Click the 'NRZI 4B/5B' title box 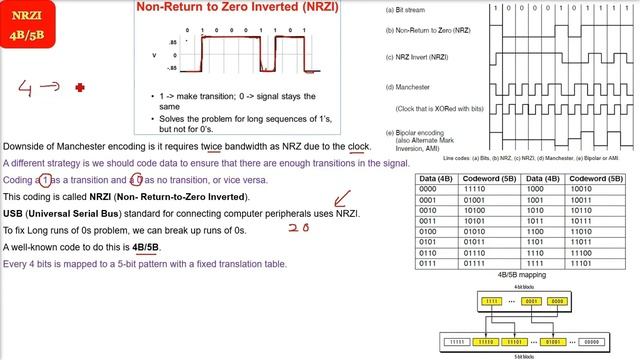click(30, 26)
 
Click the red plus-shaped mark click(80, 88)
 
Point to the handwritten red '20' click(297, 227)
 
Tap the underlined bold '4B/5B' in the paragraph click(145, 246)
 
